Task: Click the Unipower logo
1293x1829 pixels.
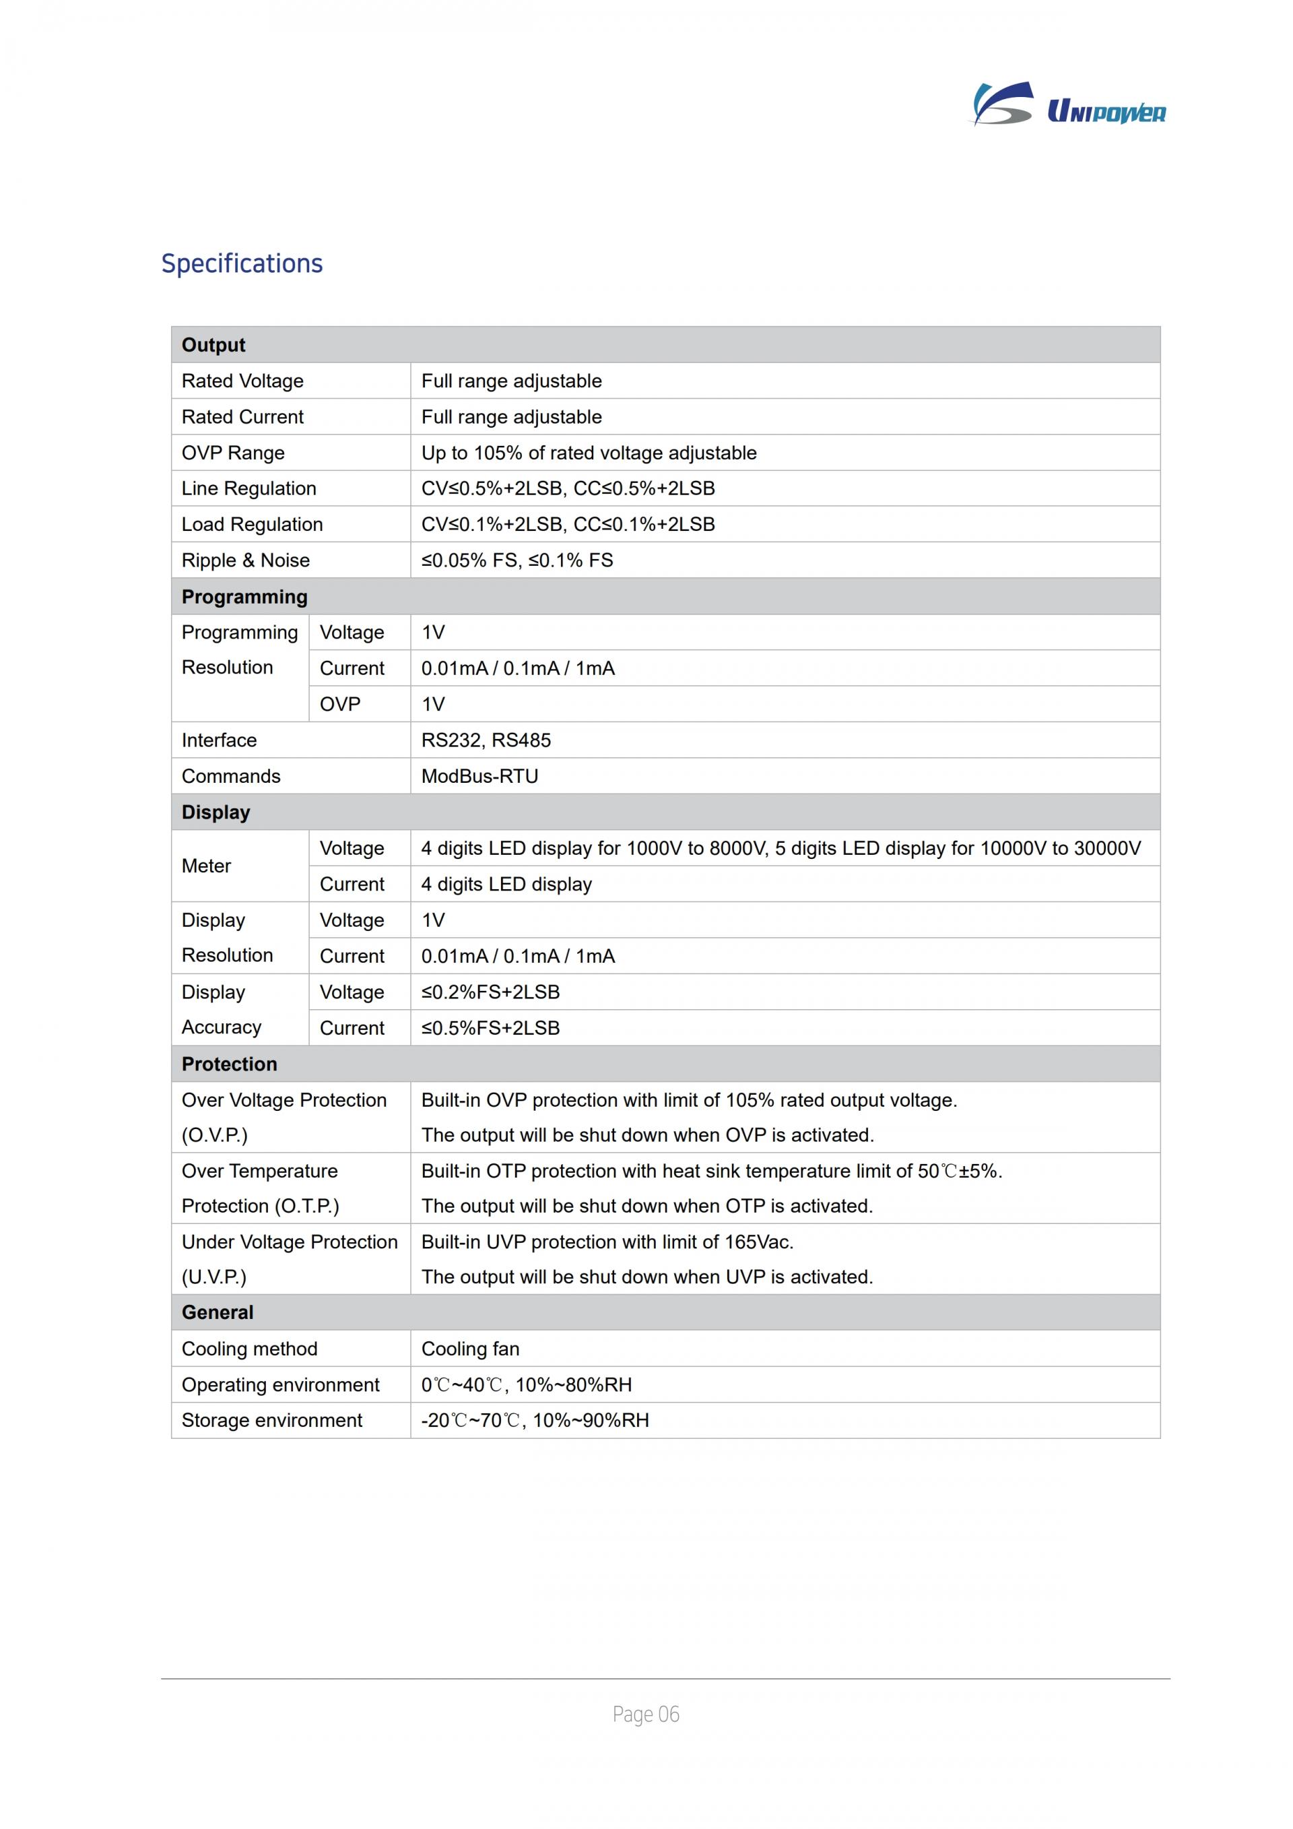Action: pyautogui.click(x=1069, y=105)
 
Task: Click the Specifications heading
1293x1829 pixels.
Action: pyautogui.click(x=242, y=263)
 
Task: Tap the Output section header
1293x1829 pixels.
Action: pyautogui.click(x=213, y=345)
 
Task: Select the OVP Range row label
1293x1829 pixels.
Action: pyautogui.click(x=232, y=453)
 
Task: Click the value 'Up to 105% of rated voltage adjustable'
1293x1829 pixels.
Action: pyautogui.click(x=589, y=453)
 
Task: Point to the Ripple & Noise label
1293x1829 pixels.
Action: pyautogui.click(x=245, y=560)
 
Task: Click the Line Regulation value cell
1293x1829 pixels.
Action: pyautogui.click(x=568, y=488)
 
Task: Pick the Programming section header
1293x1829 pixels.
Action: pyautogui.click(x=244, y=597)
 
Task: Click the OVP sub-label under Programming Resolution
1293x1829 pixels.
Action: pyautogui.click(x=340, y=704)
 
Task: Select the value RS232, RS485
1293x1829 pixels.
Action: pyautogui.click(x=486, y=740)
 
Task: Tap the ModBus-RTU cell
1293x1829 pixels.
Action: pyautogui.click(x=479, y=776)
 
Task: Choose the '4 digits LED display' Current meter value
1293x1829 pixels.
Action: pyautogui.click(x=506, y=885)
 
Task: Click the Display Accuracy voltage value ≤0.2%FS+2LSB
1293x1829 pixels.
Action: pyautogui.click(x=490, y=992)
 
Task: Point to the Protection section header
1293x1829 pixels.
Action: pyautogui.click(x=229, y=1064)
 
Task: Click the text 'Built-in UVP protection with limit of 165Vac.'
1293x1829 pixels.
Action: pyautogui.click(x=607, y=1242)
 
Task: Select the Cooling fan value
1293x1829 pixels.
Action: pyautogui.click(x=470, y=1349)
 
